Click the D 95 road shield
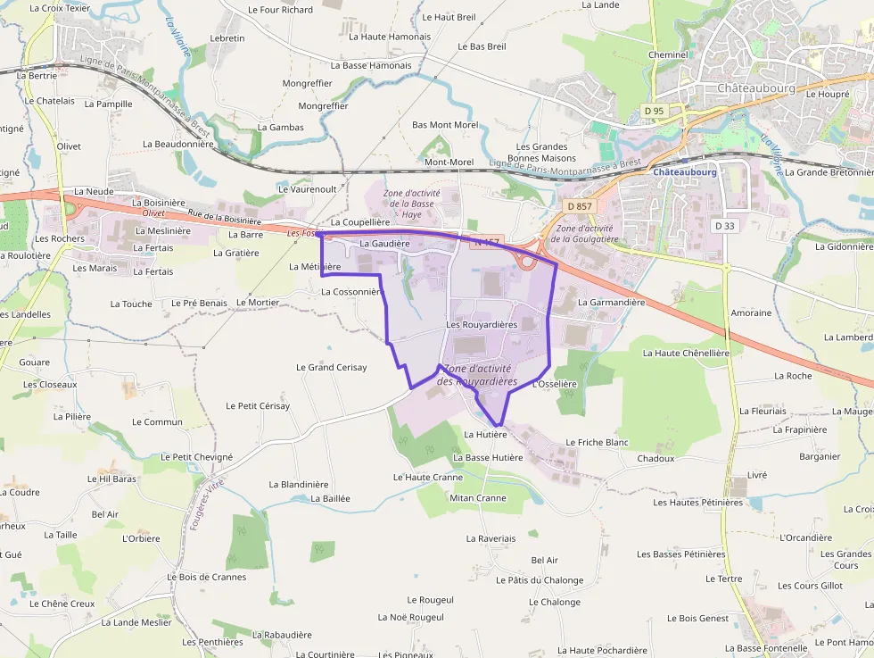(654, 111)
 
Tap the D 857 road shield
(579, 206)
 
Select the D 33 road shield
(724, 226)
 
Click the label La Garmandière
(611, 303)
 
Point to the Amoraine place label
(751, 313)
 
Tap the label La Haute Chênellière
(686, 354)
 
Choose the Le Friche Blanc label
(597, 443)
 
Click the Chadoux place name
(655, 459)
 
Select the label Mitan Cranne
(478, 498)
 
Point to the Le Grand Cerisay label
(331, 368)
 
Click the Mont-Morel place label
(449, 162)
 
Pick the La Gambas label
(280, 128)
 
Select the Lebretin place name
(227, 39)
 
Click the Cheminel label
(668, 54)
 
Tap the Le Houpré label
(828, 94)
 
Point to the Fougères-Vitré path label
(205, 505)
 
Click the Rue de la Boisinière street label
(225, 217)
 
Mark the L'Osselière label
(554, 385)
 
